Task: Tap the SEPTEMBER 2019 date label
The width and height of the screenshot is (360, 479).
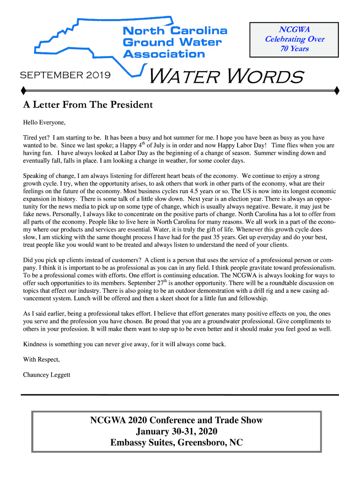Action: pos(65,74)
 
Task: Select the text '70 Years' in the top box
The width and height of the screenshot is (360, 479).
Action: pos(295,49)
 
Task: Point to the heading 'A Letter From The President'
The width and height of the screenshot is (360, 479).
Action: pos(88,105)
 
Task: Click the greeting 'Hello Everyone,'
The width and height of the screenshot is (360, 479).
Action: pos(44,123)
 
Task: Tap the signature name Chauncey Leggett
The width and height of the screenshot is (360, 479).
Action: pos(47,374)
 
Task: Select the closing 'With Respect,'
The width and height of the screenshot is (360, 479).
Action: pos(42,359)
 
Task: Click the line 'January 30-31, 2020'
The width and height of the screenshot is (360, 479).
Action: pos(176,431)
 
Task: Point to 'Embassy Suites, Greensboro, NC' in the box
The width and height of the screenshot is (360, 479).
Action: pos(176,443)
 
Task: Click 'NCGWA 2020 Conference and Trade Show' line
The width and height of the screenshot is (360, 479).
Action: pos(176,420)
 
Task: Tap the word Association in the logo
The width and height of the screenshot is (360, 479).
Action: pos(164,54)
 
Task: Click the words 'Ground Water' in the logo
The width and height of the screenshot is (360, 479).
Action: pos(172,43)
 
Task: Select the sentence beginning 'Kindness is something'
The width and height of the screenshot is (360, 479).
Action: pos(124,344)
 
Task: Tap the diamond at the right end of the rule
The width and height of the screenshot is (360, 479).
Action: pos(337,89)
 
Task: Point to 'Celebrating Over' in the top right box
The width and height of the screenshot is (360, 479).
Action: pos(295,39)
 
